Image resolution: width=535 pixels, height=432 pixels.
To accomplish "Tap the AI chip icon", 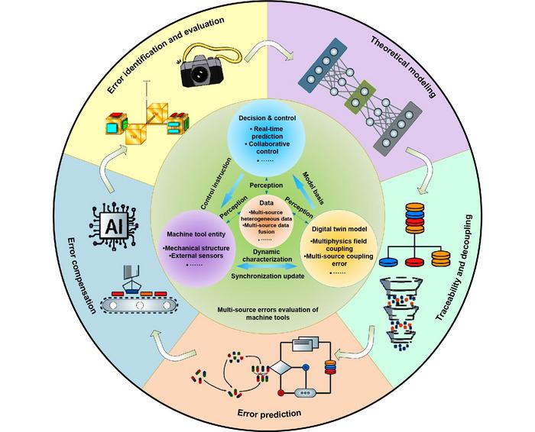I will pos(111,222).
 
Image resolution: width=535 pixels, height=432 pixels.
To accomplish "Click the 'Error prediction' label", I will pos(267,414).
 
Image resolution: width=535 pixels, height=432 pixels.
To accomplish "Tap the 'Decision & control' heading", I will pos(267,119).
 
